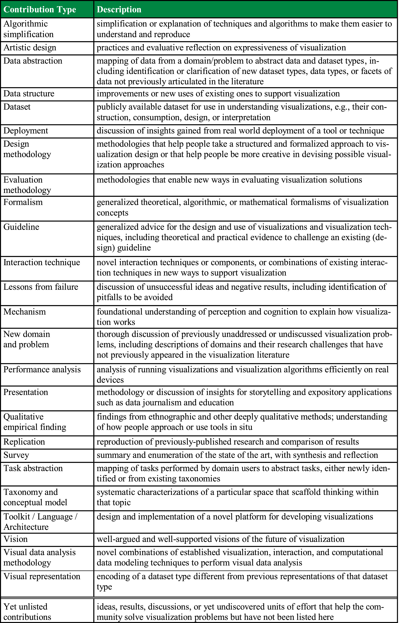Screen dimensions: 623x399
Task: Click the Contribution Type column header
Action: [40, 10]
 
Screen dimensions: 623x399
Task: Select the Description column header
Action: [119, 10]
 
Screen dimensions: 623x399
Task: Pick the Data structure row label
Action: [29, 93]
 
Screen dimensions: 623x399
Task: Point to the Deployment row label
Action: [26, 130]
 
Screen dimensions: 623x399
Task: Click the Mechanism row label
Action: [25, 311]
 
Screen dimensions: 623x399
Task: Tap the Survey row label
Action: [16, 455]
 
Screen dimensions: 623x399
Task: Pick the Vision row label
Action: [16, 539]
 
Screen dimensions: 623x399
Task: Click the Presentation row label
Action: [26, 392]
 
